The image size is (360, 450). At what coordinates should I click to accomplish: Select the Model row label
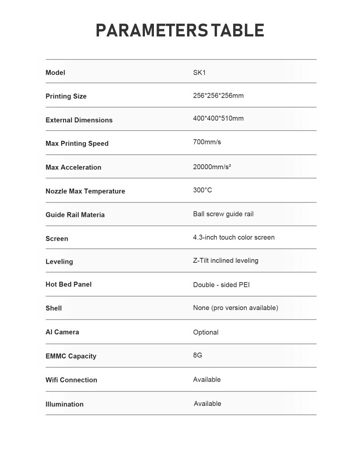(55, 72)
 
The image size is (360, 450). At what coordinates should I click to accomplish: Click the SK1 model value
(199, 72)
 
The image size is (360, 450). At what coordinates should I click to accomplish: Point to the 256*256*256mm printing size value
(218, 95)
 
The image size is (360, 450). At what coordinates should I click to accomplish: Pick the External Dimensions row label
(79, 120)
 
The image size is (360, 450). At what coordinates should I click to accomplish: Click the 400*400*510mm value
(218, 118)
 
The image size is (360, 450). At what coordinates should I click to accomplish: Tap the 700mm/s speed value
(207, 142)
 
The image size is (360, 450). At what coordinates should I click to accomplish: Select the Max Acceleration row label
(73, 167)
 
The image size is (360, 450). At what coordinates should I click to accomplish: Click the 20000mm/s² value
(212, 166)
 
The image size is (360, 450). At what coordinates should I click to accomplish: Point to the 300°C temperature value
(202, 190)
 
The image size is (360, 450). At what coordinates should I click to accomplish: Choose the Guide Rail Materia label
(75, 215)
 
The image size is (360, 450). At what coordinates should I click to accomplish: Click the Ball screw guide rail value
(223, 214)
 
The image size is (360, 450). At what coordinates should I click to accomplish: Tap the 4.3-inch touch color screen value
(234, 237)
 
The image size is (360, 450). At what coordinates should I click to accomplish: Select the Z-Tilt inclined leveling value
(225, 261)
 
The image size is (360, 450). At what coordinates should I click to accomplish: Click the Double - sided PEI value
(221, 285)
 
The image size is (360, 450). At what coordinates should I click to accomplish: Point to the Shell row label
(54, 308)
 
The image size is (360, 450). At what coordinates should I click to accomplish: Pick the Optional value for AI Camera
(206, 332)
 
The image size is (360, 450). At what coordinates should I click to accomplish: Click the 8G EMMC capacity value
(198, 355)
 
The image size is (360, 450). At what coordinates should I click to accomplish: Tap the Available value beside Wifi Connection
(207, 379)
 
